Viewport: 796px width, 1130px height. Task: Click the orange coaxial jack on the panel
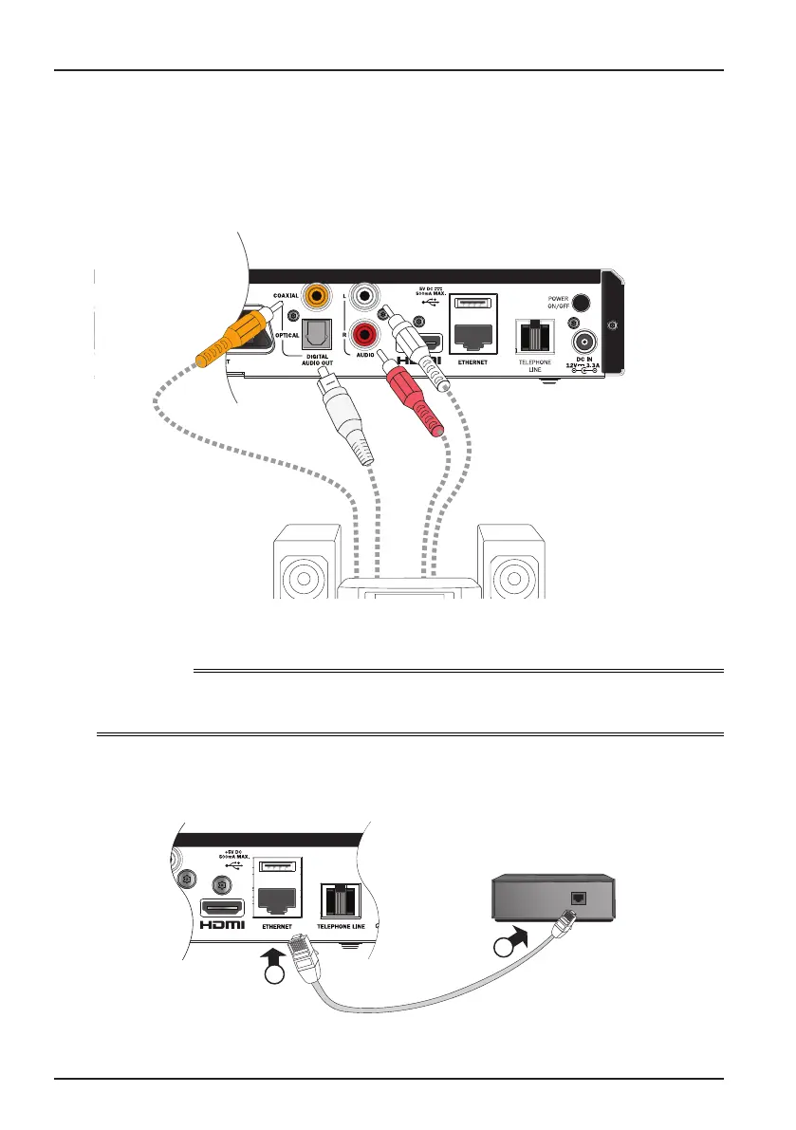(x=312, y=299)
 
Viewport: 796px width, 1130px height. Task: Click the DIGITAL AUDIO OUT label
(x=319, y=361)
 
